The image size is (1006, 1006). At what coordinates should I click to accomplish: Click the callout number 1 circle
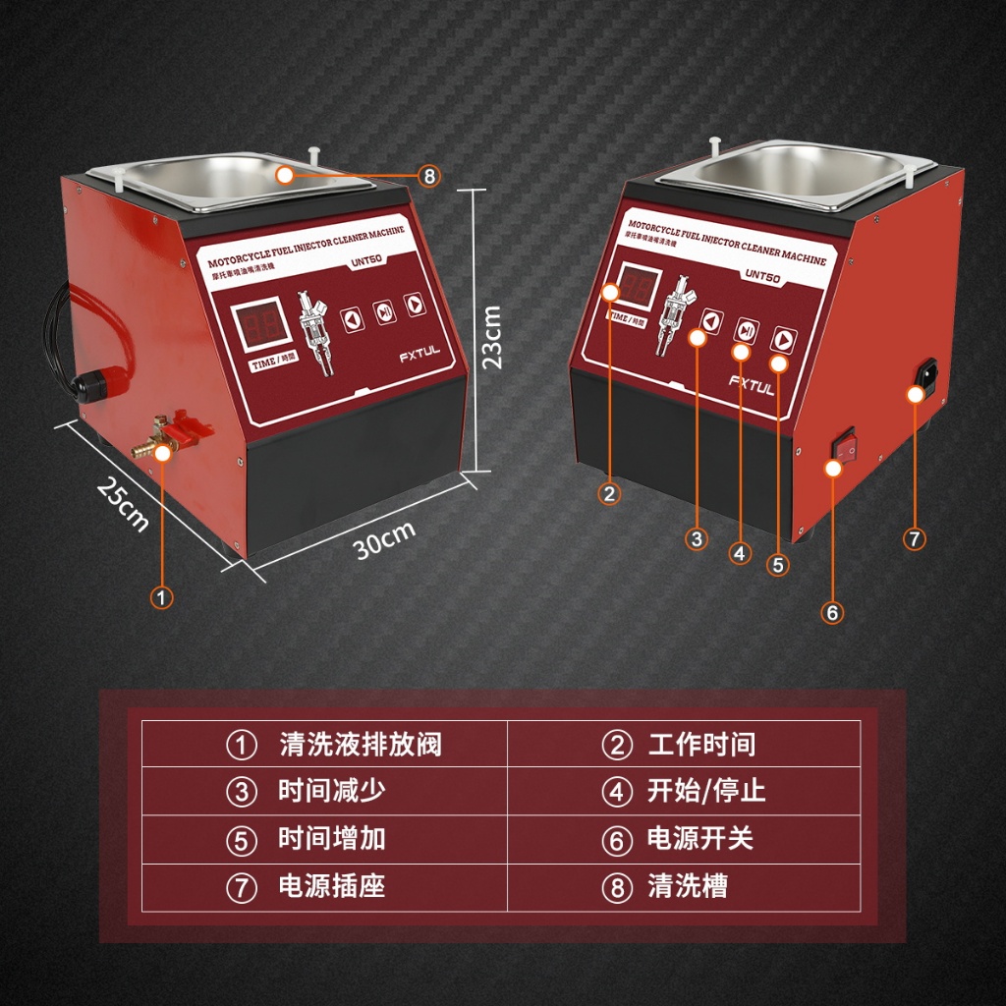161,595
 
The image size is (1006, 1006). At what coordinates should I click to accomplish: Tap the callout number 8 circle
428,176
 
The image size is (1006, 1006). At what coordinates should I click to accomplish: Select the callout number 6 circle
832,612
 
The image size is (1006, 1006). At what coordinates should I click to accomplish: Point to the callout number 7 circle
914,538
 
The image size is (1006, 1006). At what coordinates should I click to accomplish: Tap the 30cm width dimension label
384,539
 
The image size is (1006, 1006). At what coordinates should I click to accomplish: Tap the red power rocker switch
843,443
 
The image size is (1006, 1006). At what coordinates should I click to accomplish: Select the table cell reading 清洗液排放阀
324,744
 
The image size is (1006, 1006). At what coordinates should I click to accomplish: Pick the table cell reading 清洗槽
684,887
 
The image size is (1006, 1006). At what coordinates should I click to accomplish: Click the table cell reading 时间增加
324,839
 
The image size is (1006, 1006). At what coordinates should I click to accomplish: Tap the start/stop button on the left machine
384,311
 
